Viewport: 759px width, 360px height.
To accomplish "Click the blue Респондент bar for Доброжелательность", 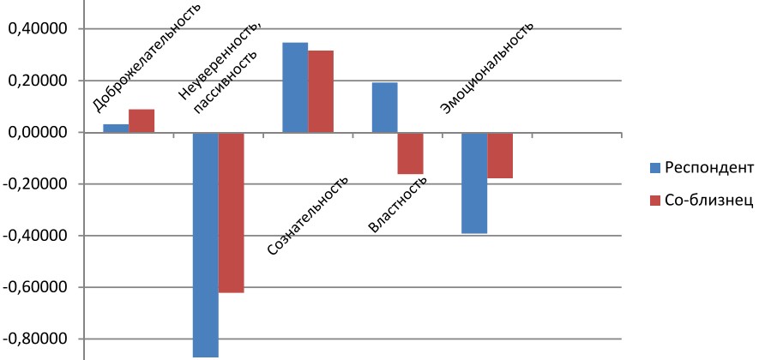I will tap(116, 129).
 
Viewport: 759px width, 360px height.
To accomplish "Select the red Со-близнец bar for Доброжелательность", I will tap(142, 121).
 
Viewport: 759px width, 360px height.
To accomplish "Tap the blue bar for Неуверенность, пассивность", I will tap(205, 244).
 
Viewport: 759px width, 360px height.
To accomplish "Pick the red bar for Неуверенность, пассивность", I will tap(231, 213).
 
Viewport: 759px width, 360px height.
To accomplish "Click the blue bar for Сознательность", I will tap(295, 87).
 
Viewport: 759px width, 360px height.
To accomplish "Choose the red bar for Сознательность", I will tap(321, 92).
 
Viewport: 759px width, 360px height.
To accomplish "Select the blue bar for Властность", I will tap(384, 107).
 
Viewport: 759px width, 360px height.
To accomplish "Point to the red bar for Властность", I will tap(410, 153).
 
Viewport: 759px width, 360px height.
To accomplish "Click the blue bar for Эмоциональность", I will tap(474, 183).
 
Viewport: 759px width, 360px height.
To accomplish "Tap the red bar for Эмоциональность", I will tap(500, 155).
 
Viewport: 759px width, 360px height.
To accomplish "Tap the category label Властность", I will tap(398, 204).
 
